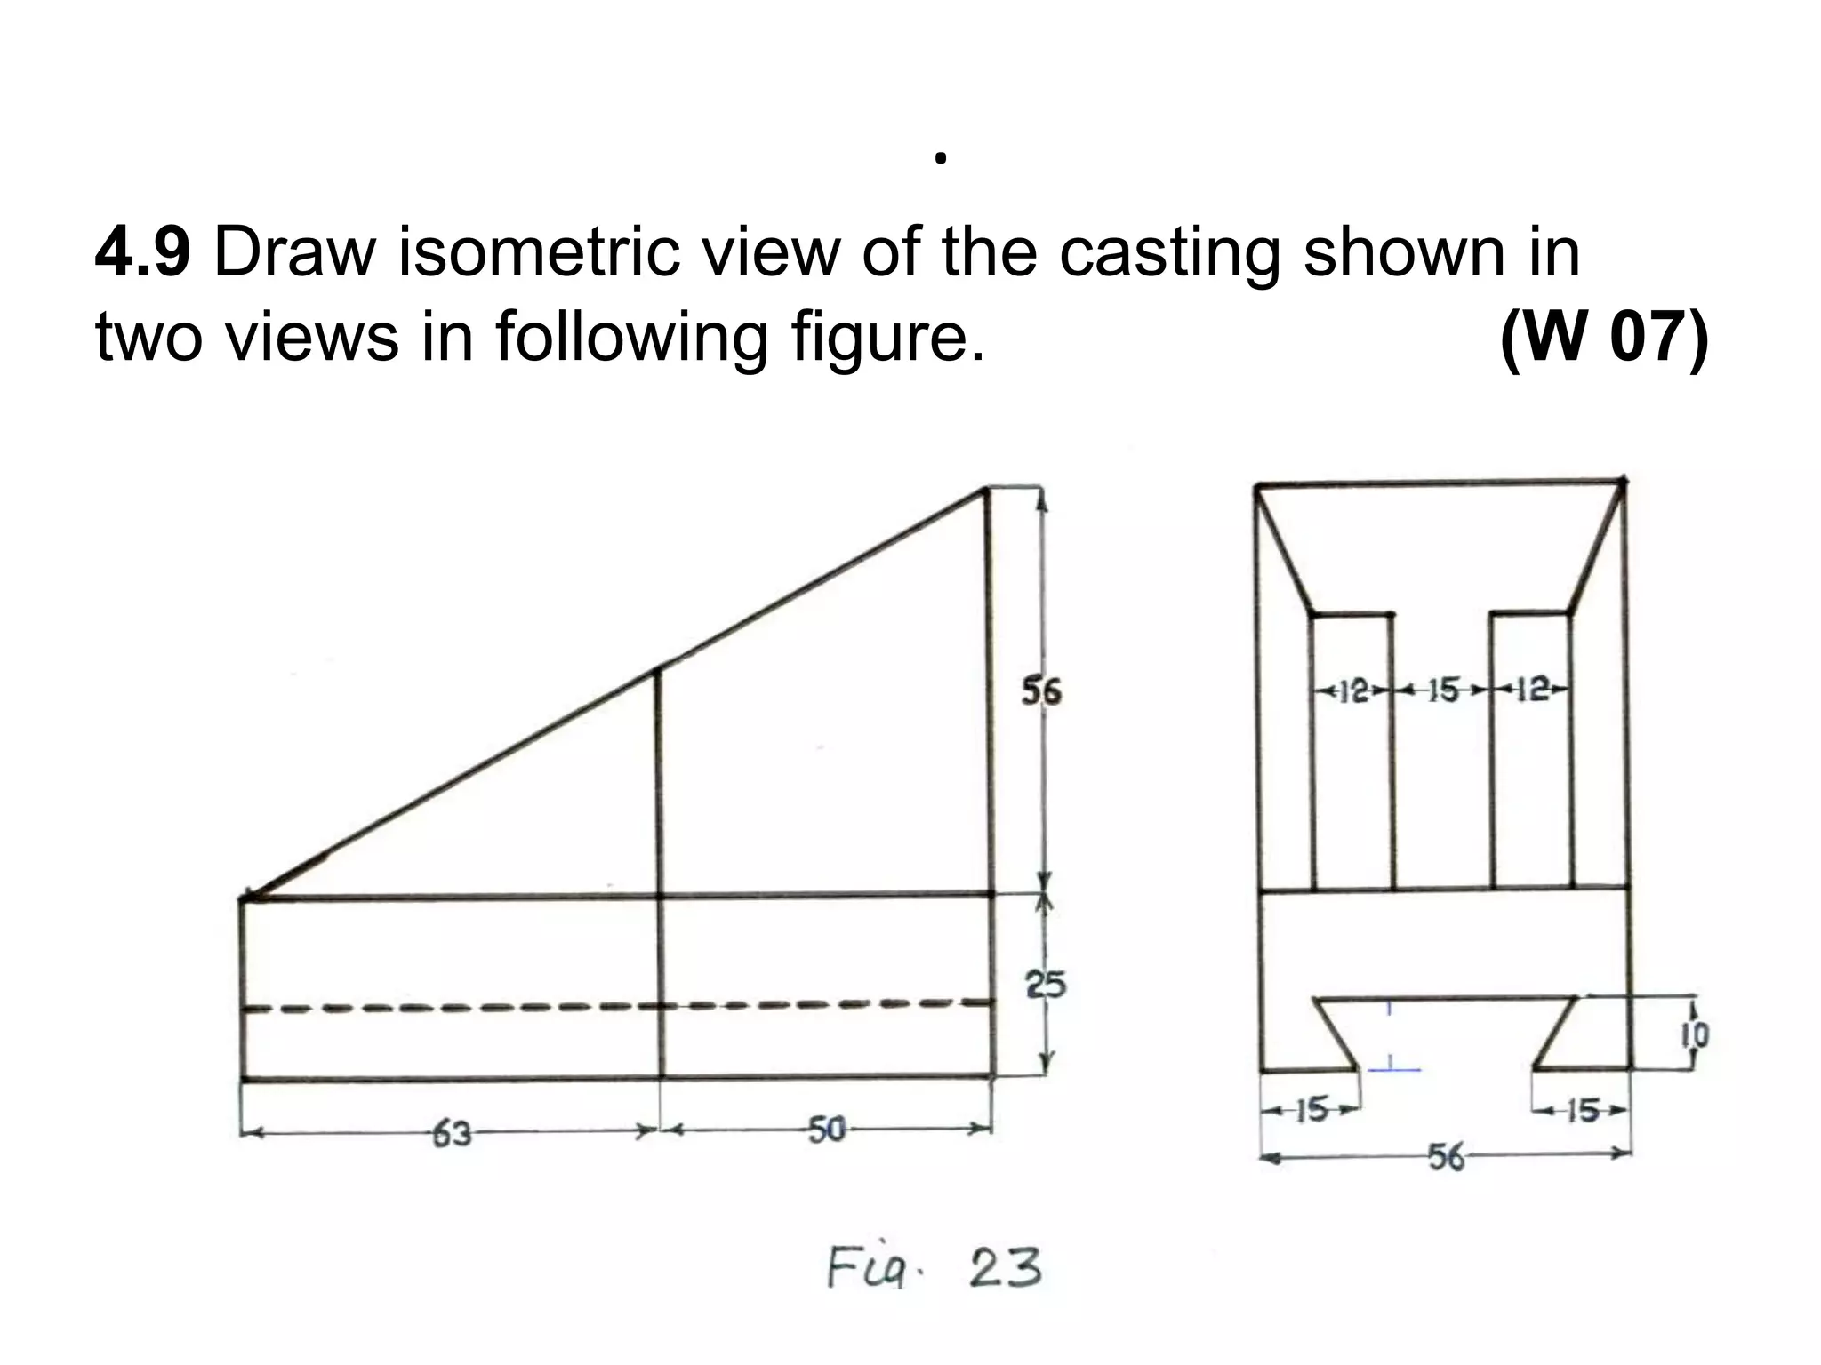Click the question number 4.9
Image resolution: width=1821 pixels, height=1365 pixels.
point(142,253)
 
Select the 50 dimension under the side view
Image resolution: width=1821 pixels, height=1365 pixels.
point(826,1130)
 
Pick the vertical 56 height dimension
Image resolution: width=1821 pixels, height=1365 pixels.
point(1040,690)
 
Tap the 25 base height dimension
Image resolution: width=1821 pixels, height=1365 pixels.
point(1046,985)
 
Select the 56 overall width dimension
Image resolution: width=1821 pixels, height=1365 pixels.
point(1446,1157)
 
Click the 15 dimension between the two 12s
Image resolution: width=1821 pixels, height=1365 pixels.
point(1442,690)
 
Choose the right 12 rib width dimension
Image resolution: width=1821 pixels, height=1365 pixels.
point(1531,690)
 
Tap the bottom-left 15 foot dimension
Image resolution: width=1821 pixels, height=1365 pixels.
point(1311,1110)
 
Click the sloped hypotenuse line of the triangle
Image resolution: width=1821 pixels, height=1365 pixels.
point(614,693)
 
